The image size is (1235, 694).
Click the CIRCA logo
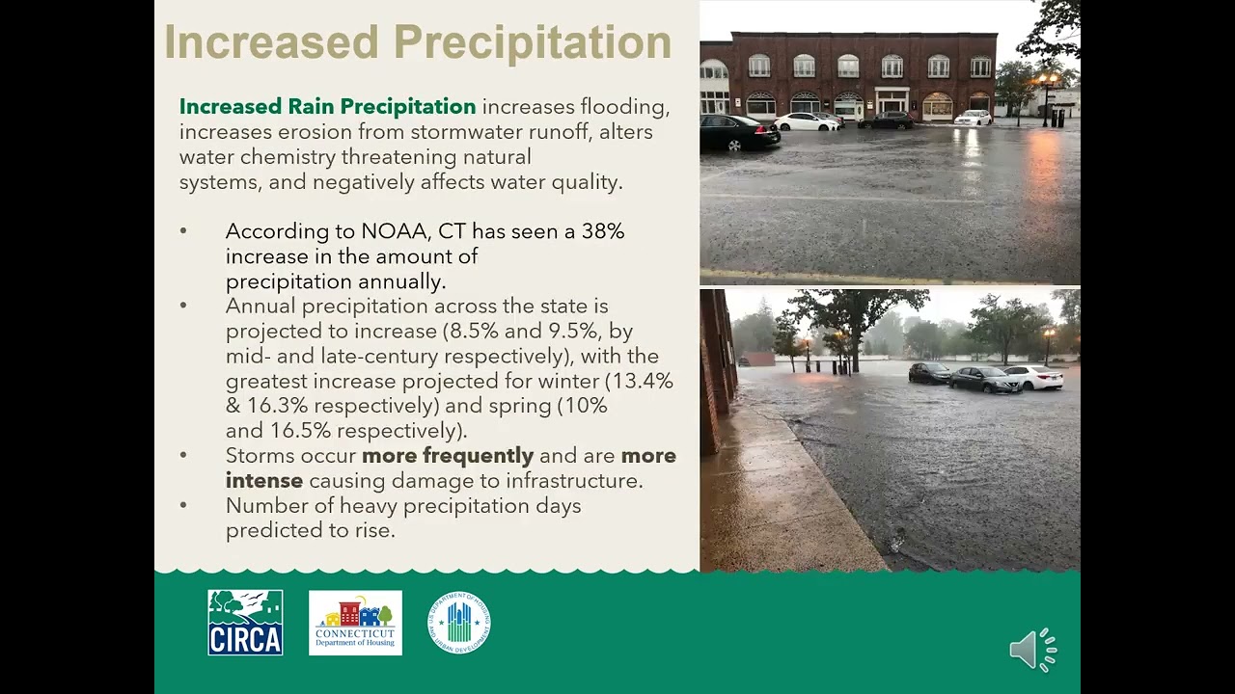(x=245, y=623)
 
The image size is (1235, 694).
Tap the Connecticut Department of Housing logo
(x=355, y=623)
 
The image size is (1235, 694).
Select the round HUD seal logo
(x=459, y=623)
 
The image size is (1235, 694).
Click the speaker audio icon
(x=1032, y=651)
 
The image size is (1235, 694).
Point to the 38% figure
(x=602, y=231)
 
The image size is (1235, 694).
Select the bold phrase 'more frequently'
(x=448, y=456)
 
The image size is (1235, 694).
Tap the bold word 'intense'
(x=263, y=481)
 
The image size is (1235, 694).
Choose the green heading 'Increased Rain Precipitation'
(x=327, y=107)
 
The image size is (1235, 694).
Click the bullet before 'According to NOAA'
(x=183, y=232)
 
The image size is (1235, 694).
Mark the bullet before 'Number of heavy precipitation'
(x=183, y=506)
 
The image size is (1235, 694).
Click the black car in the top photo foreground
(x=738, y=133)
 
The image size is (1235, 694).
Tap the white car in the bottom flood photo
(x=1034, y=377)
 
